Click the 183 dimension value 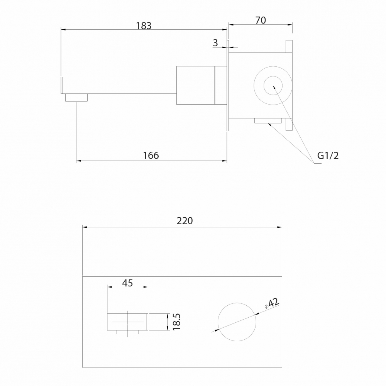pyautogui.click(x=144, y=25)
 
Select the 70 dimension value pyautogui.click(x=261, y=20)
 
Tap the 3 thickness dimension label pyautogui.click(x=215, y=43)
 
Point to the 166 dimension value pyautogui.click(x=151, y=155)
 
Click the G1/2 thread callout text pyautogui.click(x=328, y=156)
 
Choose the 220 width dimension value pyautogui.click(x=185, y=221)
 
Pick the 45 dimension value pyautogui.click(x=127, y=283)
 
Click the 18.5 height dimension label pyautogui.click(x=176, y=322)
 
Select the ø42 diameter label pyautogui.click(x=272, y=303)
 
